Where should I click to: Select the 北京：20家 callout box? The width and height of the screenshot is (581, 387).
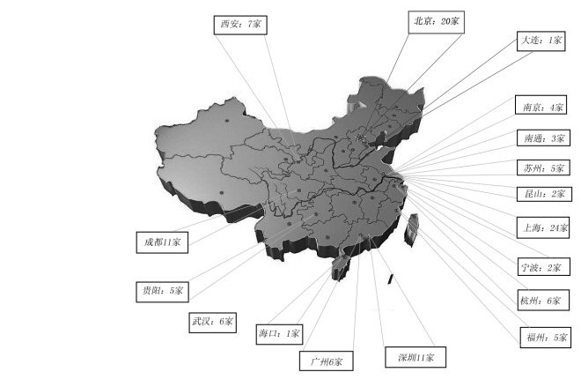[438, 20]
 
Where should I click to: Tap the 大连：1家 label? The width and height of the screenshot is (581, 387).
[541, 41]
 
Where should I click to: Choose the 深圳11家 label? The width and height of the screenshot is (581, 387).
[415, 357]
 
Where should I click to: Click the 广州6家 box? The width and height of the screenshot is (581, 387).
[327, 361]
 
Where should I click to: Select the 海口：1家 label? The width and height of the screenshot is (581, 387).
[281, 334]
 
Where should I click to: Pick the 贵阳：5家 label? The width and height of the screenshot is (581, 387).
[163, 289]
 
